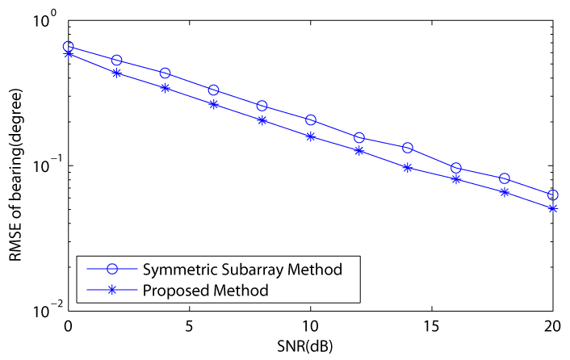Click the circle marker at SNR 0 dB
[x=69, y=47]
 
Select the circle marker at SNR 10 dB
[x=311, y=120]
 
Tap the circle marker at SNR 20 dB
[x=552, y=195]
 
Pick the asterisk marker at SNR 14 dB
[x=408, y=168]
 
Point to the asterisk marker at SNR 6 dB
[x=214, y=104]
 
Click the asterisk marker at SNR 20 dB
[x=552, y=208]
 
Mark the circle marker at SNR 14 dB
[x=408, y=148]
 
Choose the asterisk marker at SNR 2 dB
[x=117, y=73]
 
